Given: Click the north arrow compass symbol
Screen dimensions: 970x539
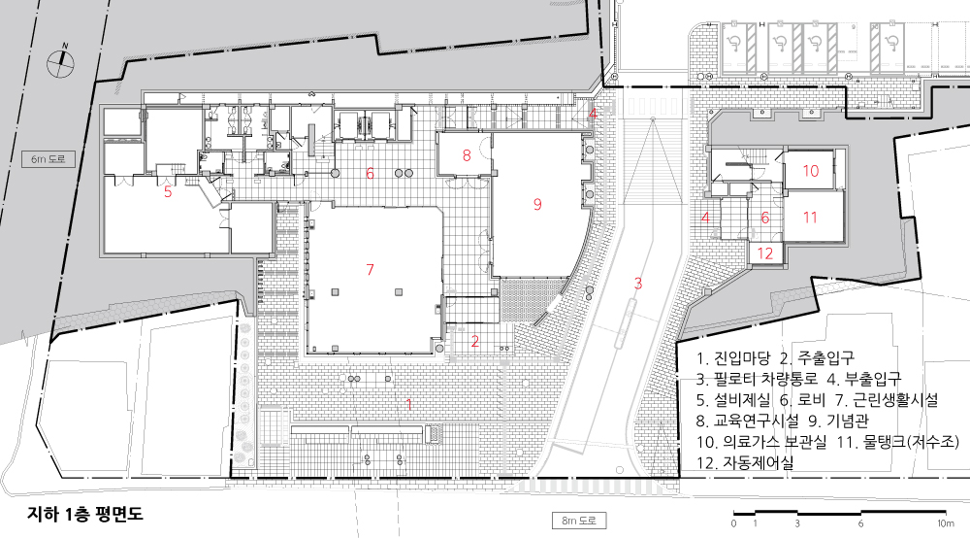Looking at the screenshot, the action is coord(60,59).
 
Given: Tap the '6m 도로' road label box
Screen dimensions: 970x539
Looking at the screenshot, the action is coord(48,158).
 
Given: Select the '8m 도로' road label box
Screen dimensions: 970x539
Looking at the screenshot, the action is coord(578,521).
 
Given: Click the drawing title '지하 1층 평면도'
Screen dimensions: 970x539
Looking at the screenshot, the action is coord(84,514).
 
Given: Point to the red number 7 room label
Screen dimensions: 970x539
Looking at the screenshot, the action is coord(370,269).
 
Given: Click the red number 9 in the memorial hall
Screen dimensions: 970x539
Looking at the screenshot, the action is coord(537,204).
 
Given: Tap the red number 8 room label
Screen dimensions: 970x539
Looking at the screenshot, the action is coord(467,154).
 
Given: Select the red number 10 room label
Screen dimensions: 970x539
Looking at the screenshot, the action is coord(810,170).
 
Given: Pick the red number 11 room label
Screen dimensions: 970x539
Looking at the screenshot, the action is coord(810,218).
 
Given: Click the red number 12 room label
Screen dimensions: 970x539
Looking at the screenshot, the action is coord(765,253).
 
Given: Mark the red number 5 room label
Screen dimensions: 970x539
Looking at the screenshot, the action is coord(168,190).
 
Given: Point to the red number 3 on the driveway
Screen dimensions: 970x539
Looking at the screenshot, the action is coord(638,284).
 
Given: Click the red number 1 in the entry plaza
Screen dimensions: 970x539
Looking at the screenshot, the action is coord(408,405).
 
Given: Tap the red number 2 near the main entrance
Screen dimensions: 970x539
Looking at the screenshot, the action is coord(475,341).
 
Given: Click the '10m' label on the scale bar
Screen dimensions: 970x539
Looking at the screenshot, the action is coord(945,523).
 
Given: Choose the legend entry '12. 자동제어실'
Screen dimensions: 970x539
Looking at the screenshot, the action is coord(745,463).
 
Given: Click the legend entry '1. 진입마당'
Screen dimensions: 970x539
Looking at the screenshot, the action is coord(733,357).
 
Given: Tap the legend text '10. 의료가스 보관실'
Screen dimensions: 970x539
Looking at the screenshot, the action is coord(760,442).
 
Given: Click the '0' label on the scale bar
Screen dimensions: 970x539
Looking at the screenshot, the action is coord(733,523).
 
